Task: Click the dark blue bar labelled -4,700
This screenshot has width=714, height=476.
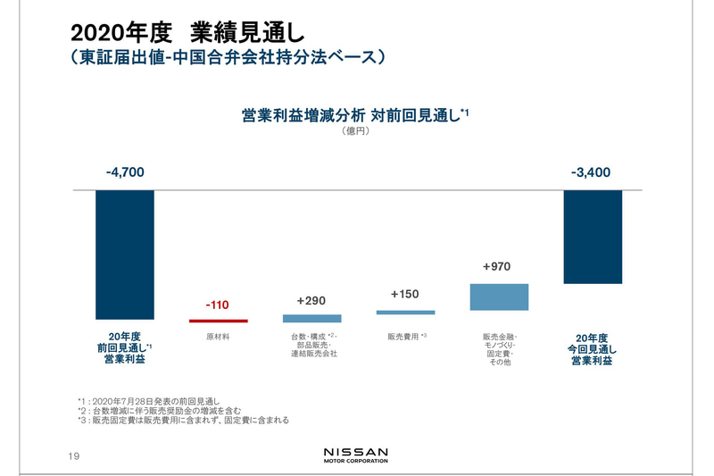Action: [x=125, y=255]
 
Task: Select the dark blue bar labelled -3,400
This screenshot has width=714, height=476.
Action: [x=593, y=237]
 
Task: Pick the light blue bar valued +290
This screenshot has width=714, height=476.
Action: [x=311, y=318]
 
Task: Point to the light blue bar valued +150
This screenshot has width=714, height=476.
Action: [x=405, y=313]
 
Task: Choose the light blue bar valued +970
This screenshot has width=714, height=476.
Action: [x=499, y=297]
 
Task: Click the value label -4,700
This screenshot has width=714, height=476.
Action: [x=125, y=172]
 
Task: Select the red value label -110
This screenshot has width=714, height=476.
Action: [x=218, y=305]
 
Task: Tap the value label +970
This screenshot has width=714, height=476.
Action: [x=497, y=266]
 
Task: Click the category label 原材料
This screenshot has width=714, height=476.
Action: [x=218, y=338]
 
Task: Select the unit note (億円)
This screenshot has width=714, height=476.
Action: [x=355, y=131]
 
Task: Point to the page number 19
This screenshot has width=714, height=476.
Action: [x=75, y=456]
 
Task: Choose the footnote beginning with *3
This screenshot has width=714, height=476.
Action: [x=183, y=420]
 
